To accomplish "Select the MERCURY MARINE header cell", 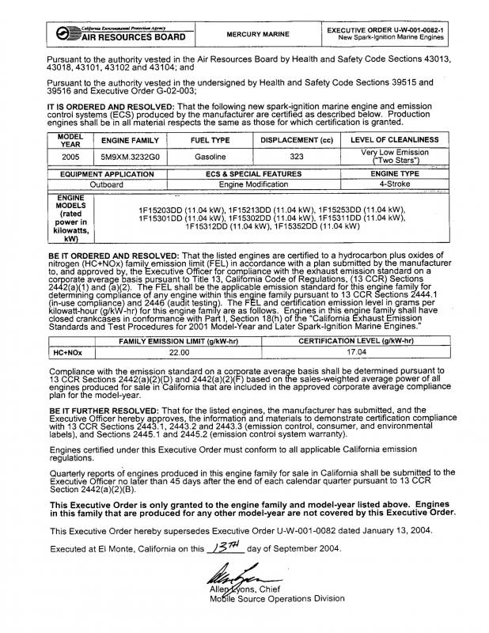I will coord(254,35).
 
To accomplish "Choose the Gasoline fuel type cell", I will coord(204,157).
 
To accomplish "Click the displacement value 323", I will coord(297,157).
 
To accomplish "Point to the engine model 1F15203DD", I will coord(168,209).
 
